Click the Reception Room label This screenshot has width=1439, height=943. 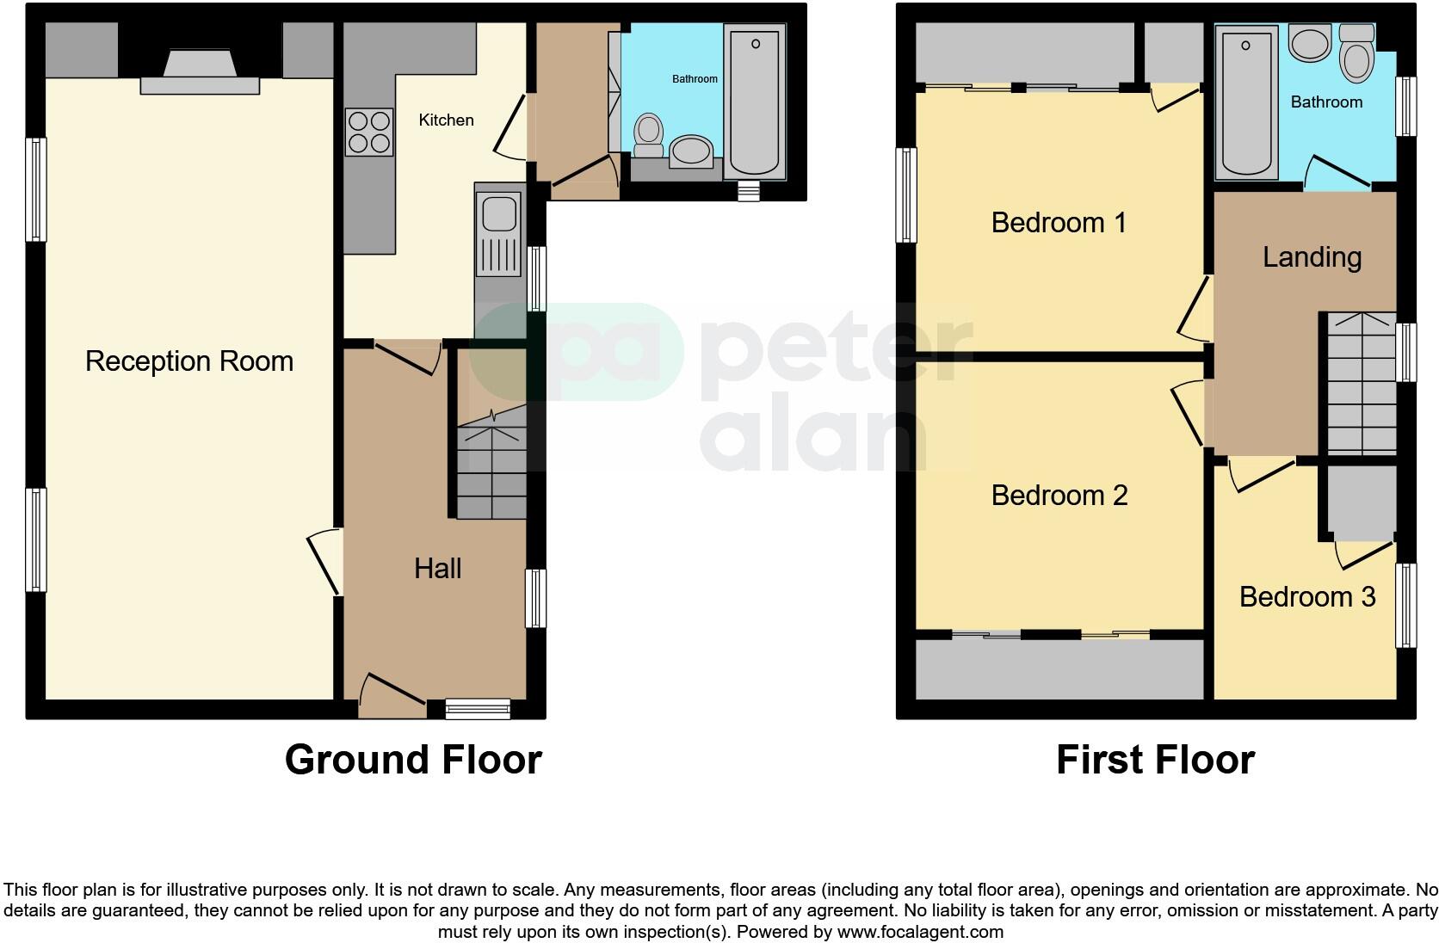point(189,361)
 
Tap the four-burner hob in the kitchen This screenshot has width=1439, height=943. point(369,133)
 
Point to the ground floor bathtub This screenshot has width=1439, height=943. point(755,101)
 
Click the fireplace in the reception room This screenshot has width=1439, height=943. point(200,72)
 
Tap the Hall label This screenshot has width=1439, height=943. point(437,568)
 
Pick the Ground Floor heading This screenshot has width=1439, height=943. point(413,760)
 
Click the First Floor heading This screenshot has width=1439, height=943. point(1155,760)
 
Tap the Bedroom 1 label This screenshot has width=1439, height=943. point(1059,223)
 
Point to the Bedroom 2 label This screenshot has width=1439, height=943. point(1059,496)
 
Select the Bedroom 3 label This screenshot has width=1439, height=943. point(1306,596)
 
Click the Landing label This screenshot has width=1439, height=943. point(1312,257)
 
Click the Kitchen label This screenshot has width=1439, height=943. point(446,120)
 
